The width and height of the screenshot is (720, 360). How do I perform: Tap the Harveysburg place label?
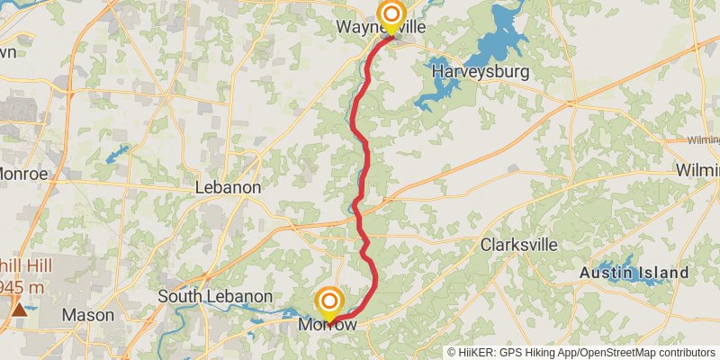click(x=479, y=71)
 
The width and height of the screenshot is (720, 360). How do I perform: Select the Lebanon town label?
click(x=229, y=188)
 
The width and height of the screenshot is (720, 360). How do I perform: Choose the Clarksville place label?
click(x=518, y=245)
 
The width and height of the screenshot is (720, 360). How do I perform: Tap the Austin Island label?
click(x=634, y=272)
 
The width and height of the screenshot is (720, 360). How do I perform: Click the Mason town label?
click(x=87, y=315)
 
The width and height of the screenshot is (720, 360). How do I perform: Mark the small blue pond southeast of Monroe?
click(x=115, y=154)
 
